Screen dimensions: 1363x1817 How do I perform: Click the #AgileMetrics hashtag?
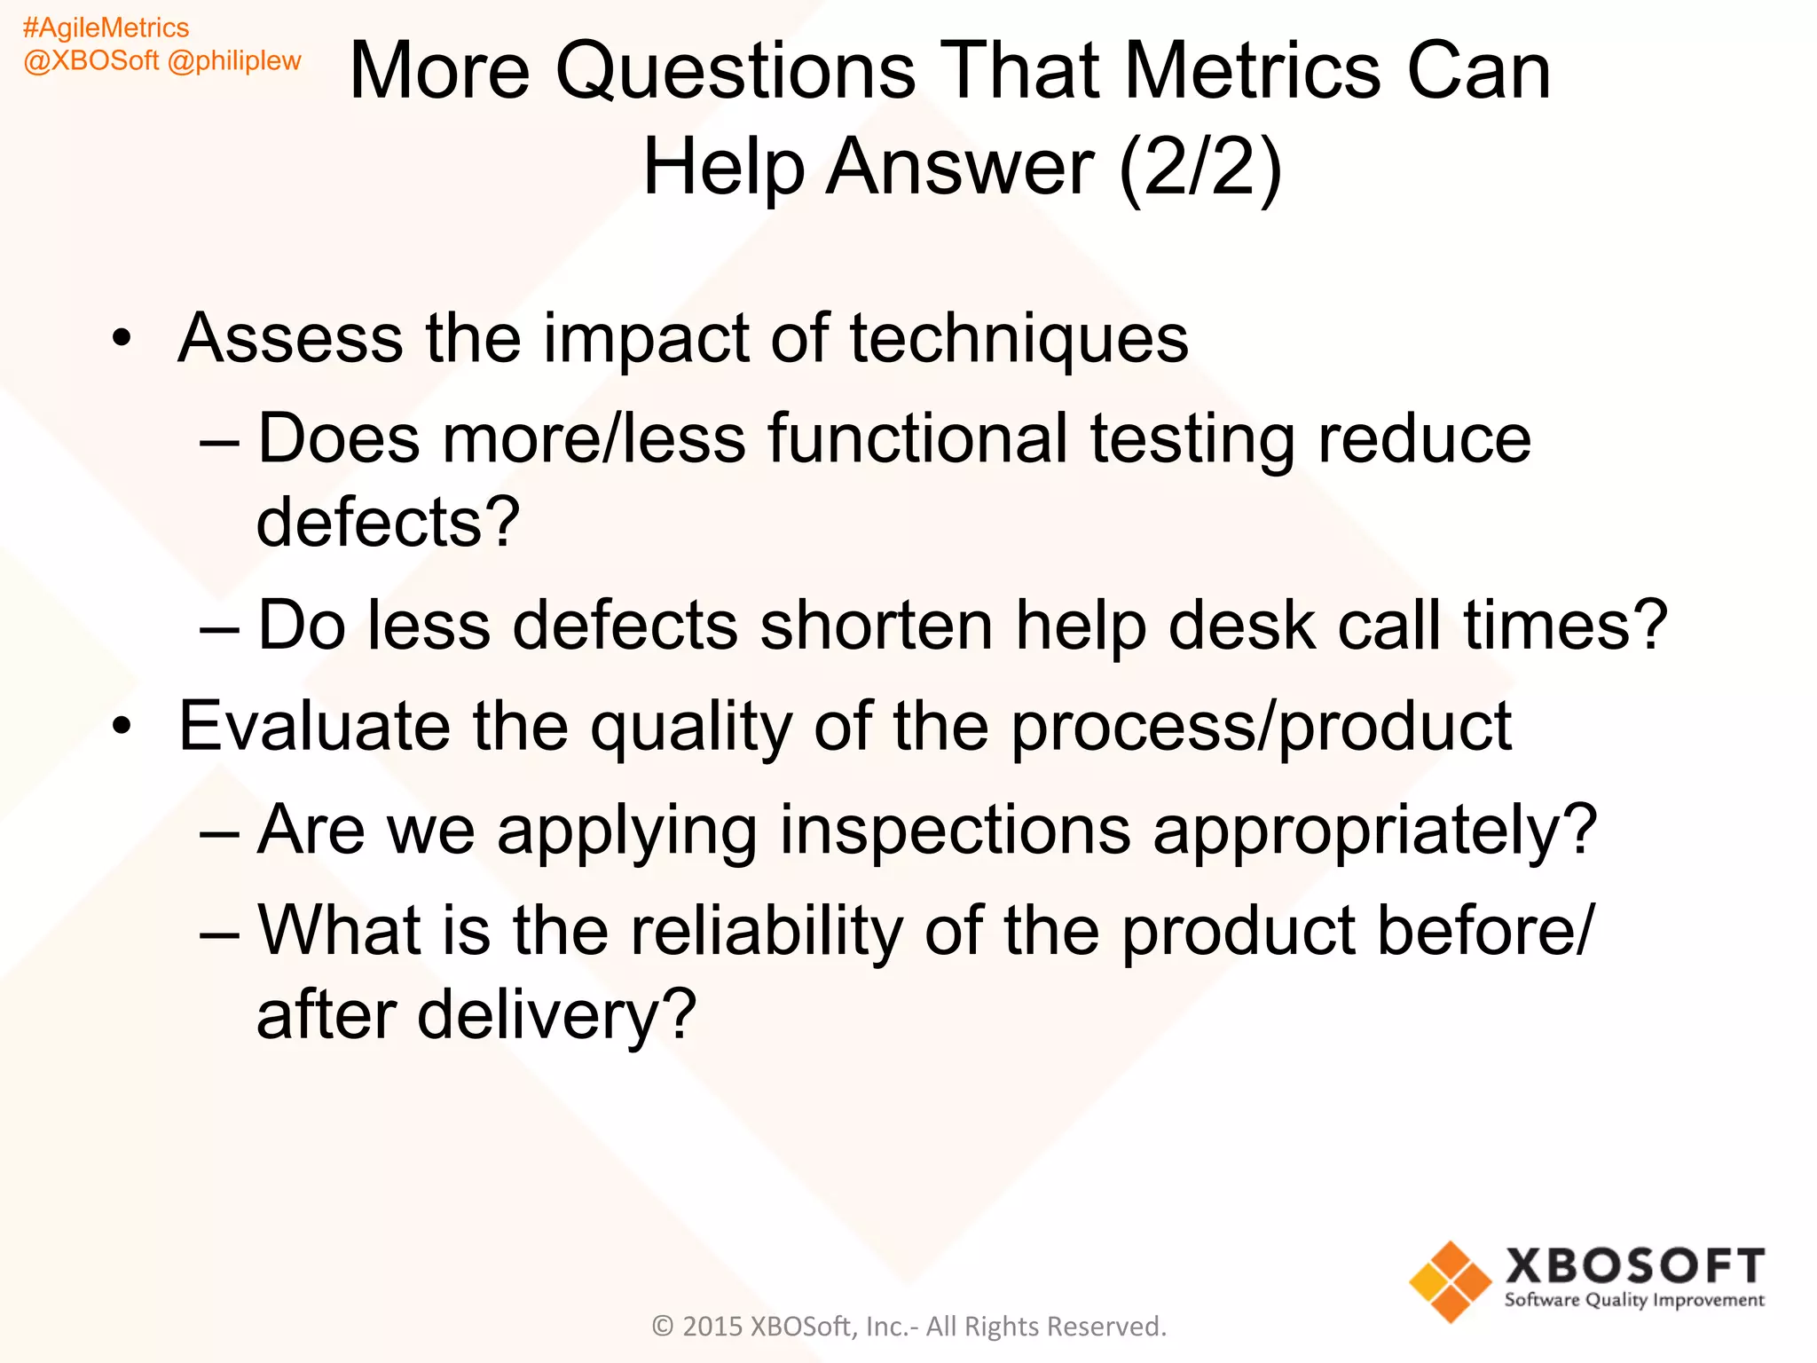[106, 28]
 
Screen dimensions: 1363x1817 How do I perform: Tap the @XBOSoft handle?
[90, 61]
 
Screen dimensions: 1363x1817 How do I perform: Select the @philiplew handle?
[234, 61]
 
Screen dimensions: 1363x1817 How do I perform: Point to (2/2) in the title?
[1200, 166]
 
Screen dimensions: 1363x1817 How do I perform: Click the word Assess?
[290, 338]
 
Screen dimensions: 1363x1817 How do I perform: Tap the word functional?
[917, 439]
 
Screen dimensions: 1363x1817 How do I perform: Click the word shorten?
[876, 626]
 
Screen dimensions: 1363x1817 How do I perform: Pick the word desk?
[1241, 626]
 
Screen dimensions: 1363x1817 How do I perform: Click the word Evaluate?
[314, 727]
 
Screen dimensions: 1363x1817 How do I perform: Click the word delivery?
[556, 1016]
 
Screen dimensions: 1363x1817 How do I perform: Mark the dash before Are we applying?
[219, 832]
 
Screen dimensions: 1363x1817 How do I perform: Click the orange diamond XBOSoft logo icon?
[1450, 1280]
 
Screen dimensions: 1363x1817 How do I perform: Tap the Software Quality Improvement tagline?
[1633, 1301]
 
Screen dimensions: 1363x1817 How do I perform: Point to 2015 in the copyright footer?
[712, 1327]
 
